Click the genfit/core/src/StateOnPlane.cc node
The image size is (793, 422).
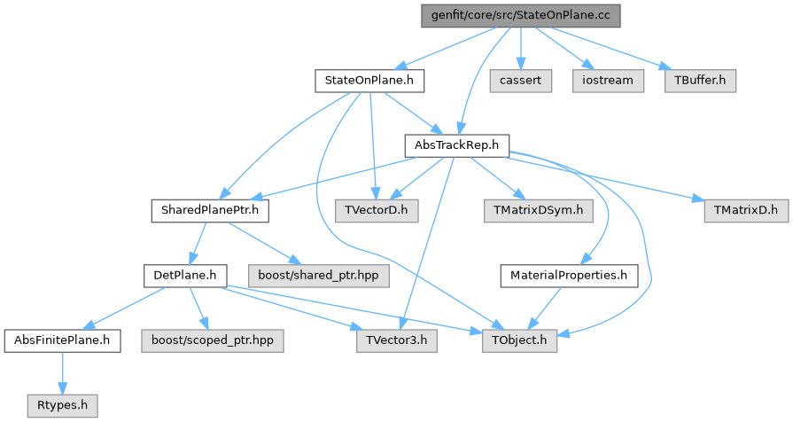[519, 16]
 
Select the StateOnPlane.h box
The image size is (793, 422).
[369, 82]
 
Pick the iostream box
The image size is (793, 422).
[609, 81]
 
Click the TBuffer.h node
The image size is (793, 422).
[699, 81]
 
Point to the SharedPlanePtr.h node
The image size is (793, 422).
[209, 211]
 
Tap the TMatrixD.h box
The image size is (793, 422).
[745, 211]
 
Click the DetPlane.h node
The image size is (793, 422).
[184, 276]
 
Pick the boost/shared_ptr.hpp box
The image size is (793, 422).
[317, 276]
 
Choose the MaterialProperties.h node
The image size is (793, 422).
[569, 276]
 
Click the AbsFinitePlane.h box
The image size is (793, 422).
[62, 340]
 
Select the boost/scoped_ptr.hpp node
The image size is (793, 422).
[213, 340]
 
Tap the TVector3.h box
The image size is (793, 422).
[396, 340]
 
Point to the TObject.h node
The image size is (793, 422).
[520, 340]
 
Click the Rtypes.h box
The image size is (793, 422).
[62, 405]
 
